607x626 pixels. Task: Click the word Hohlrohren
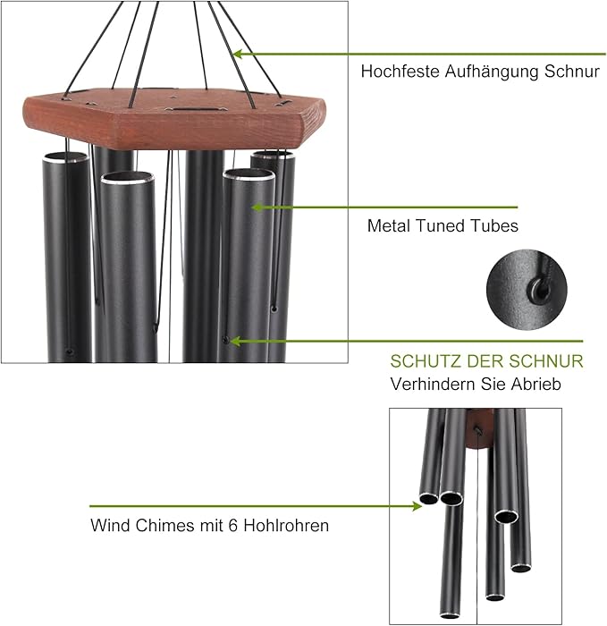click(x=289, y=525)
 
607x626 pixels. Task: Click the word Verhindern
click(x=426, y=384)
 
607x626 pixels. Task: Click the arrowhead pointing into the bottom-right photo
click(x=416, y=506)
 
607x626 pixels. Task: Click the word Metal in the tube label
click(x=388, y=226)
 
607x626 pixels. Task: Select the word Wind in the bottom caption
click(x=108, y=525)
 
